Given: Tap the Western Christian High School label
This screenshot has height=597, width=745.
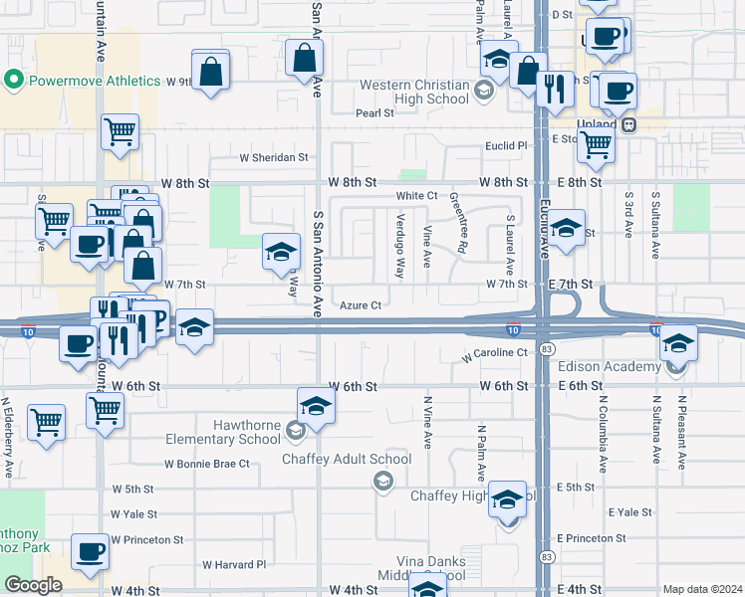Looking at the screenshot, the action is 413,92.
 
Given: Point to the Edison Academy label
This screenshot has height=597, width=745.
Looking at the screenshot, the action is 618,367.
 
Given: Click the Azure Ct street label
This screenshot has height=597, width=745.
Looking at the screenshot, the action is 361,305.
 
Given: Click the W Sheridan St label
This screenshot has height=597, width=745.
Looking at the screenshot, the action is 274,157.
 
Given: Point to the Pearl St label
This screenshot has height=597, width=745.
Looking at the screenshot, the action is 375,113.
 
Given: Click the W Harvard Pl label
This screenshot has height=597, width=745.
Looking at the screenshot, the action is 234,564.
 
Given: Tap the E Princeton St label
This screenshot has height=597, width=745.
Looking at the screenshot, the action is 592,538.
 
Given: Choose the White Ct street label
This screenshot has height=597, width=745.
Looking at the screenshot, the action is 416,196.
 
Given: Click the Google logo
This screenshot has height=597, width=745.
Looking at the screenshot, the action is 33,585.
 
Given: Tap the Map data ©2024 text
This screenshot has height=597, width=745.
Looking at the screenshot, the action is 701,589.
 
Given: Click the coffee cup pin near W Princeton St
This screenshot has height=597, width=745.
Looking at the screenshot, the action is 91,549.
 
